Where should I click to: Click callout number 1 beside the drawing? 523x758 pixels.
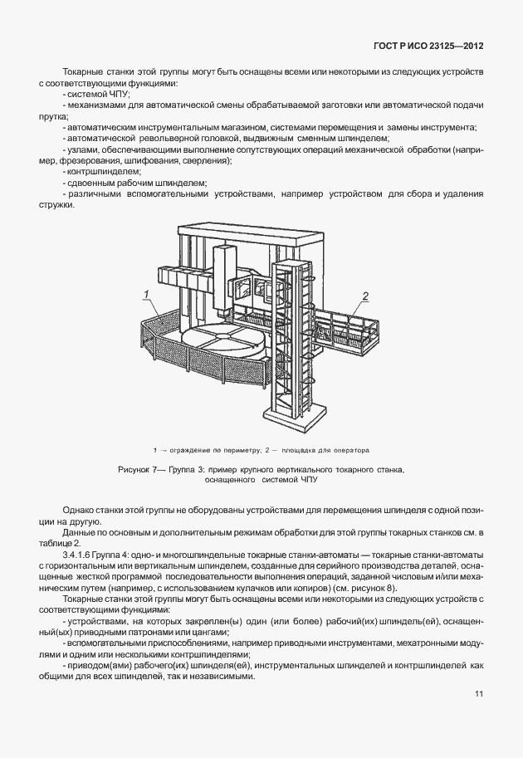point(146,294)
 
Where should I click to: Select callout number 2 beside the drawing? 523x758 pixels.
point(364,294)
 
